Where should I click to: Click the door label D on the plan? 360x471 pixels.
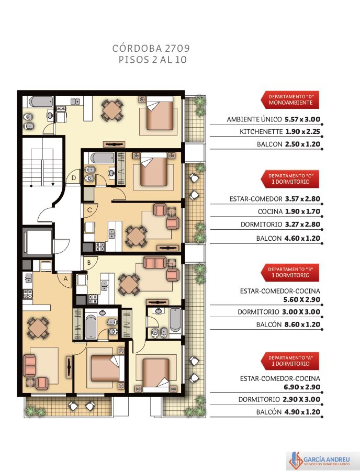click(x=74, y=178)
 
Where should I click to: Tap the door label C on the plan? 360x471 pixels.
click(x=89, y=210)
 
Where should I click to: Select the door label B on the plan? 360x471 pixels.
click(x=89, y=263)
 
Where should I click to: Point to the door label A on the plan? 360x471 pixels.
click(x=65, y=279)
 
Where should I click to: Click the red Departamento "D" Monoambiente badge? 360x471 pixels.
click(x=290, y=100)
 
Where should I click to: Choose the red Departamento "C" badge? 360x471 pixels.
click(x=290, y=179)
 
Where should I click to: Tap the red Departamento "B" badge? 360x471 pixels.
click(x=290, y=273)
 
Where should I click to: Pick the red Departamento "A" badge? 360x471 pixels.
click(x=290, y=361)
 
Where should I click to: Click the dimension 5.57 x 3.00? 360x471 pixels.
click(x=302, y=119)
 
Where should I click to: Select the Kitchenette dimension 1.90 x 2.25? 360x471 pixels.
click(x=302, y=131)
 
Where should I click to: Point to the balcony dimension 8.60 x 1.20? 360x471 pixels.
click(x=302, y=324)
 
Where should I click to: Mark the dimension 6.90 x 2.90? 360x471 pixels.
click(x=302, y=387)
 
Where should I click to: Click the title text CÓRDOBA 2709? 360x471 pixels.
click(x=151, y=48)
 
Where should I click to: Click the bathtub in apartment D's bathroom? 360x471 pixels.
click(x=41, y=101)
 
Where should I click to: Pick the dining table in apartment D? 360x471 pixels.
click(x=111, y=110)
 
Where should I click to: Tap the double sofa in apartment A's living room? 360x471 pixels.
click(x=30, y=365)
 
